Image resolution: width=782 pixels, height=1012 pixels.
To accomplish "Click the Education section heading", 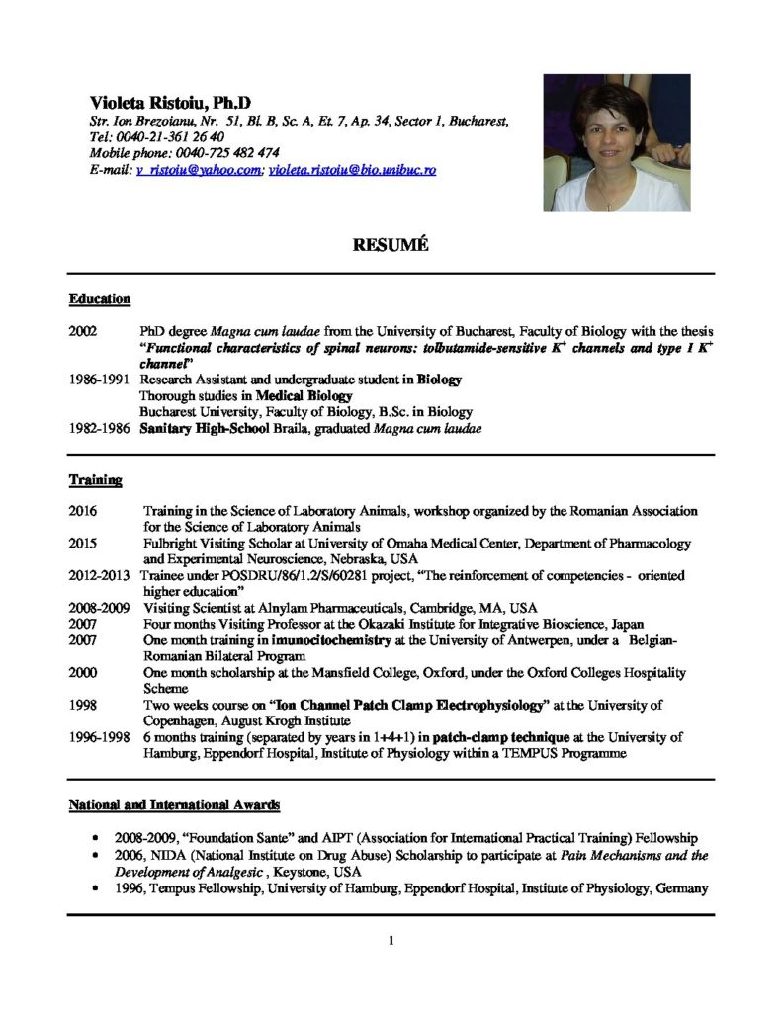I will click(x=100, y=298).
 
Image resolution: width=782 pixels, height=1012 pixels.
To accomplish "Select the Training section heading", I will click(x=95, y=480).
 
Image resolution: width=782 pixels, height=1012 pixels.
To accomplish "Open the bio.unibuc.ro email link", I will click(x=352, y=170).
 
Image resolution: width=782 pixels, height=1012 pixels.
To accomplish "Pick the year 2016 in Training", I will click(x=83, y=512).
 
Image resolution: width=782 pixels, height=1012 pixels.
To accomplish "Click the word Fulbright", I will click(x=170, y=544).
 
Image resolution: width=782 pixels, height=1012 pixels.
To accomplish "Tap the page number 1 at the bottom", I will click(x=391, y=940).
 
